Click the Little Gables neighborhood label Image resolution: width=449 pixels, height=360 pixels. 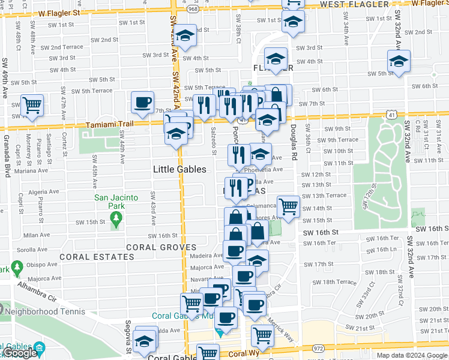point(180,169)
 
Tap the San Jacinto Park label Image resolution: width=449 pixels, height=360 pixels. point(116,202)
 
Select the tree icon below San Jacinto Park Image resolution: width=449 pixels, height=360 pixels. point(116,223)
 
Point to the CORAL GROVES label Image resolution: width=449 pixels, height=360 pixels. point(161,247)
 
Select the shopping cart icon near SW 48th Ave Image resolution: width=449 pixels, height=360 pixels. point(32,106)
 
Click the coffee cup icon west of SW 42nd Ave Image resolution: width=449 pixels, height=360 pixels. point(143,103)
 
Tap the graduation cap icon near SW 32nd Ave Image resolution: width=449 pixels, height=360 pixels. point(398,61)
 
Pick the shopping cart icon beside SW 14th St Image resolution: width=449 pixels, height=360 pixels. point(289,207)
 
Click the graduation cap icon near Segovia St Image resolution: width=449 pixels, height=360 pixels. point(144,341)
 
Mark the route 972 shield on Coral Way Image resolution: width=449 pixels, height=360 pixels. point(317,348)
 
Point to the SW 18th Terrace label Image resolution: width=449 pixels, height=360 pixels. point(339,281)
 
